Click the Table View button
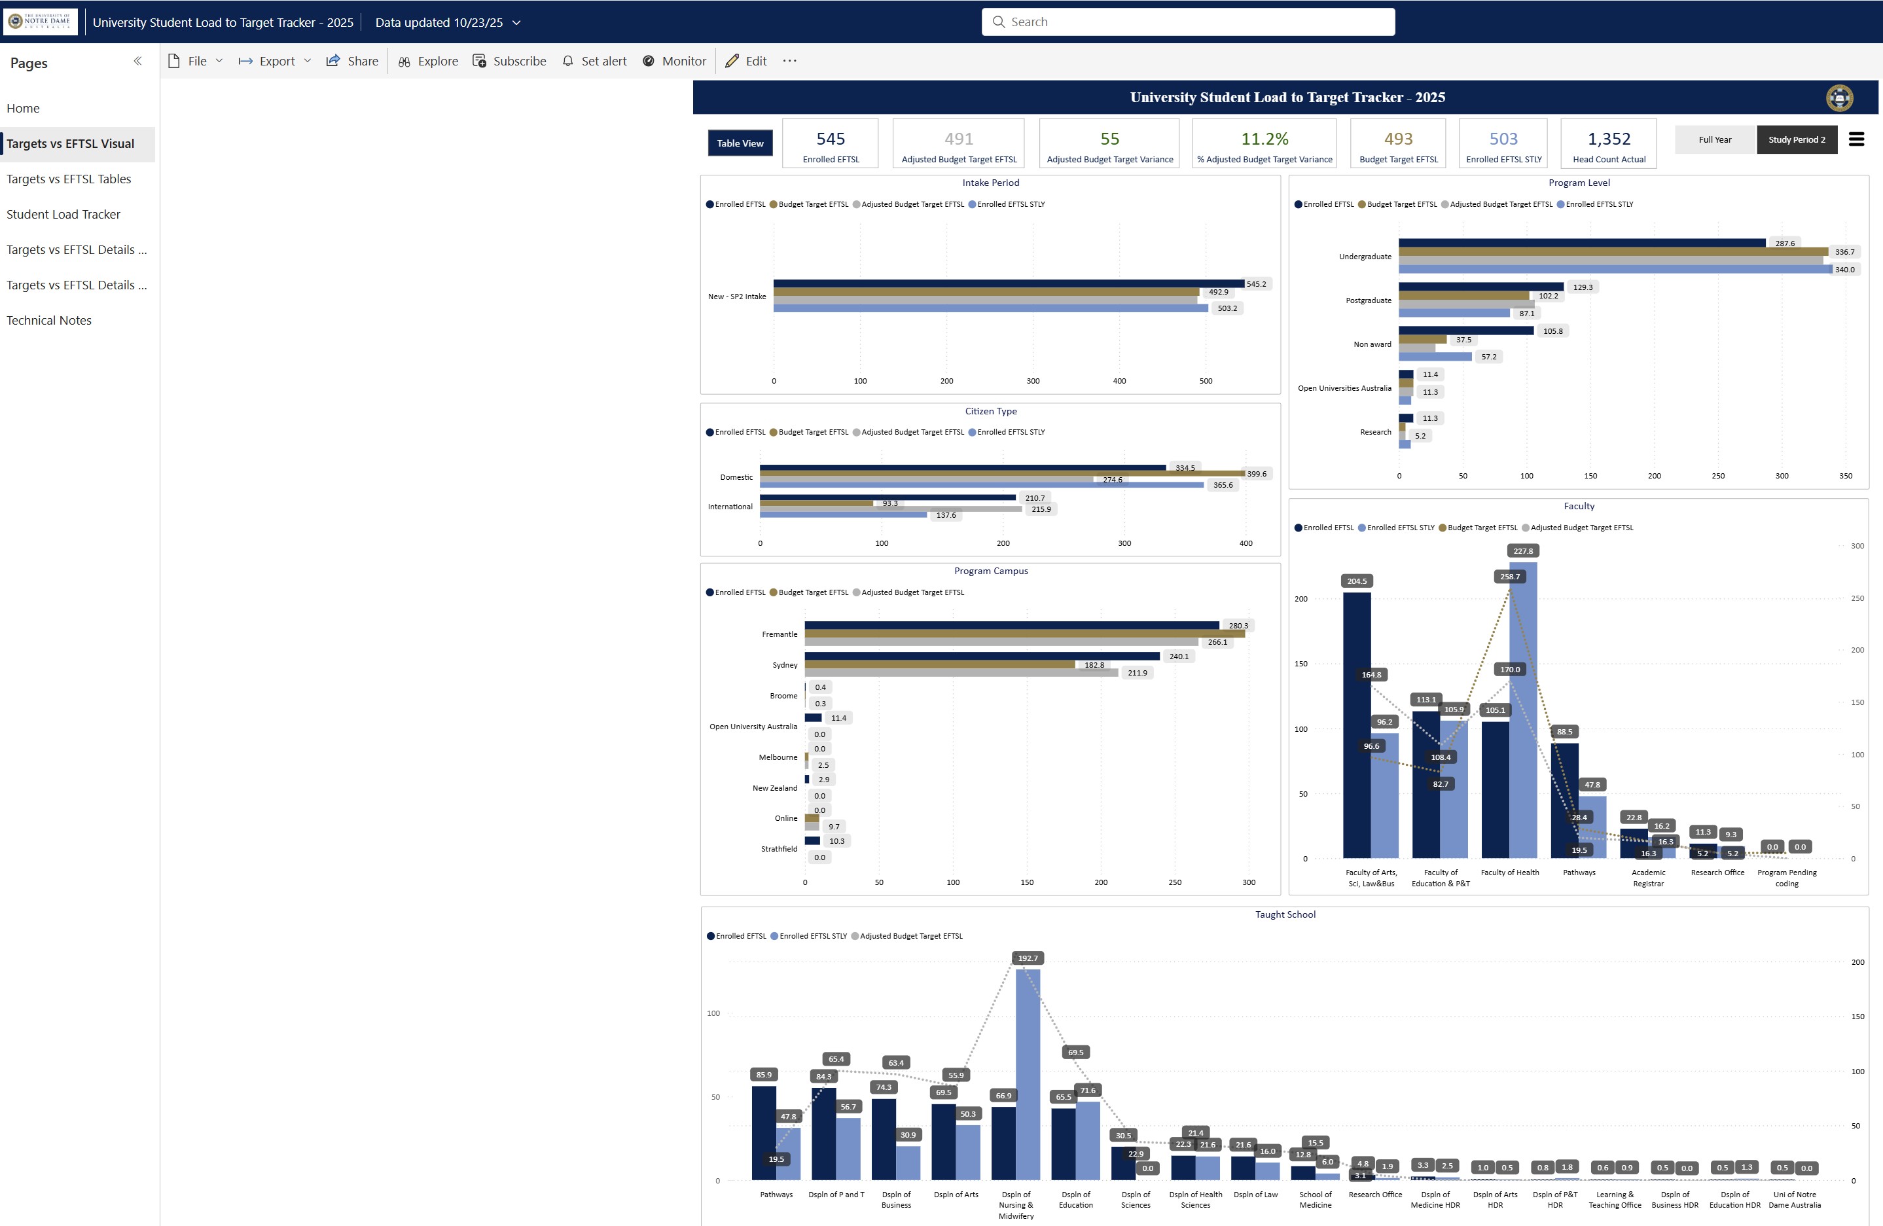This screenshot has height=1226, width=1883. click(740, 143)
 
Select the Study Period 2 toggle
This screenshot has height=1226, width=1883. click(1797, 140)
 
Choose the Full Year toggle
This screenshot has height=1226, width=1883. click(1715, 140)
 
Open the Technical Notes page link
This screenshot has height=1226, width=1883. click(49, 321)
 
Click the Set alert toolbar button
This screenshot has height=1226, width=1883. click(594, 61)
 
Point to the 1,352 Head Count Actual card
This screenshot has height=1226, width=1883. click(1609, 143)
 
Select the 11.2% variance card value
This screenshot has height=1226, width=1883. click(1264, 139)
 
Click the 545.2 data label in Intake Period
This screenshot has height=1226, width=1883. click(1255, 284)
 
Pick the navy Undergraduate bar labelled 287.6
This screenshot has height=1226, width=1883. click(1581, 243)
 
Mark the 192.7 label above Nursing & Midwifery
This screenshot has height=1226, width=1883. click(1028, 958)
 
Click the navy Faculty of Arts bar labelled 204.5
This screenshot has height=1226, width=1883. click(1357, 725)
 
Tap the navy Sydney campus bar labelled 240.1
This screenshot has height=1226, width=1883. click(982, 656)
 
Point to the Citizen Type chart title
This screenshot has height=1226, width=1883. click(990, 412)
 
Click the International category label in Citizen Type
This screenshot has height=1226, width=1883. click(730, 507)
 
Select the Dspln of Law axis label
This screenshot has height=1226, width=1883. click(1255, 1195)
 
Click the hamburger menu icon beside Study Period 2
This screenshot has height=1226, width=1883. click(1856, 139)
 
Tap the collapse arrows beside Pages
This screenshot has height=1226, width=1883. click(137, 61)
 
